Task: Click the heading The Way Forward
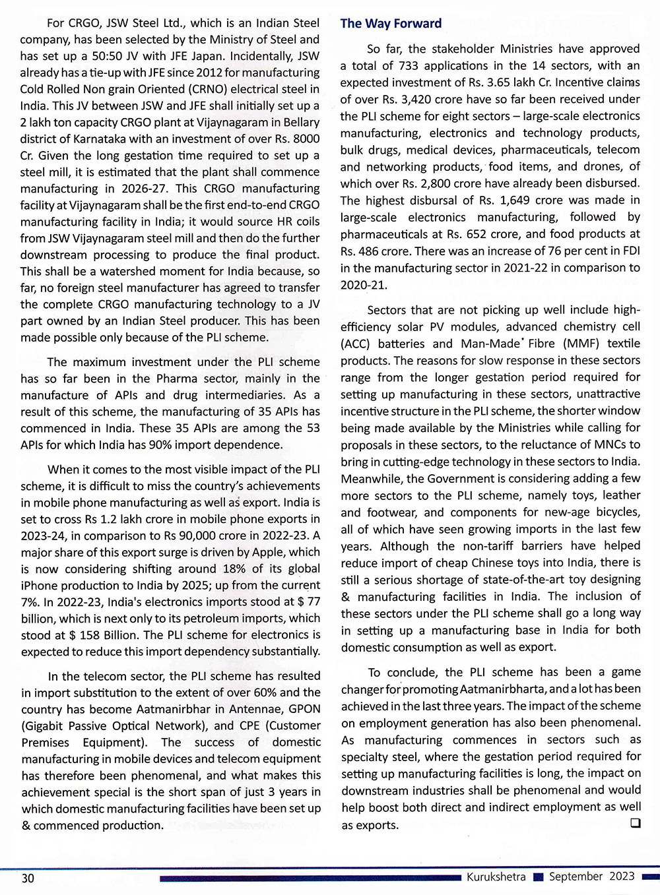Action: tap(391, 24)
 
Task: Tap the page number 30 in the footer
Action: tap(28, 878)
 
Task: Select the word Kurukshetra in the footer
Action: tap(496, 877)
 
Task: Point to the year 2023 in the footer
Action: tap(622, 876)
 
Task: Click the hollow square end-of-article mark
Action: tap(636, 822)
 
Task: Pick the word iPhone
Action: tap(42, 585)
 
